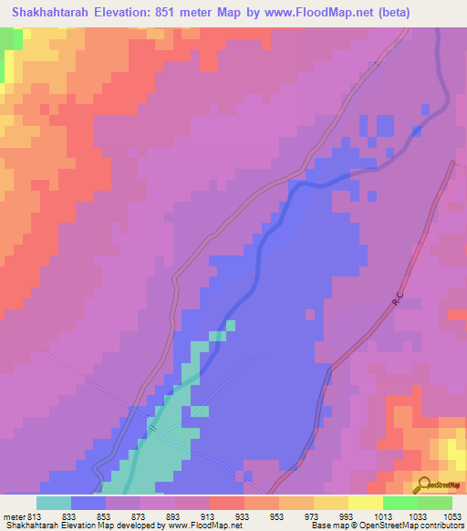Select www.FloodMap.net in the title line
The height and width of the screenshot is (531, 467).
coord(306,12)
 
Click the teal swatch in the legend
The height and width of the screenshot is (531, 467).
coord(54,503)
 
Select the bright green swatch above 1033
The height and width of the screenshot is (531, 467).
coord(400,503)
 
